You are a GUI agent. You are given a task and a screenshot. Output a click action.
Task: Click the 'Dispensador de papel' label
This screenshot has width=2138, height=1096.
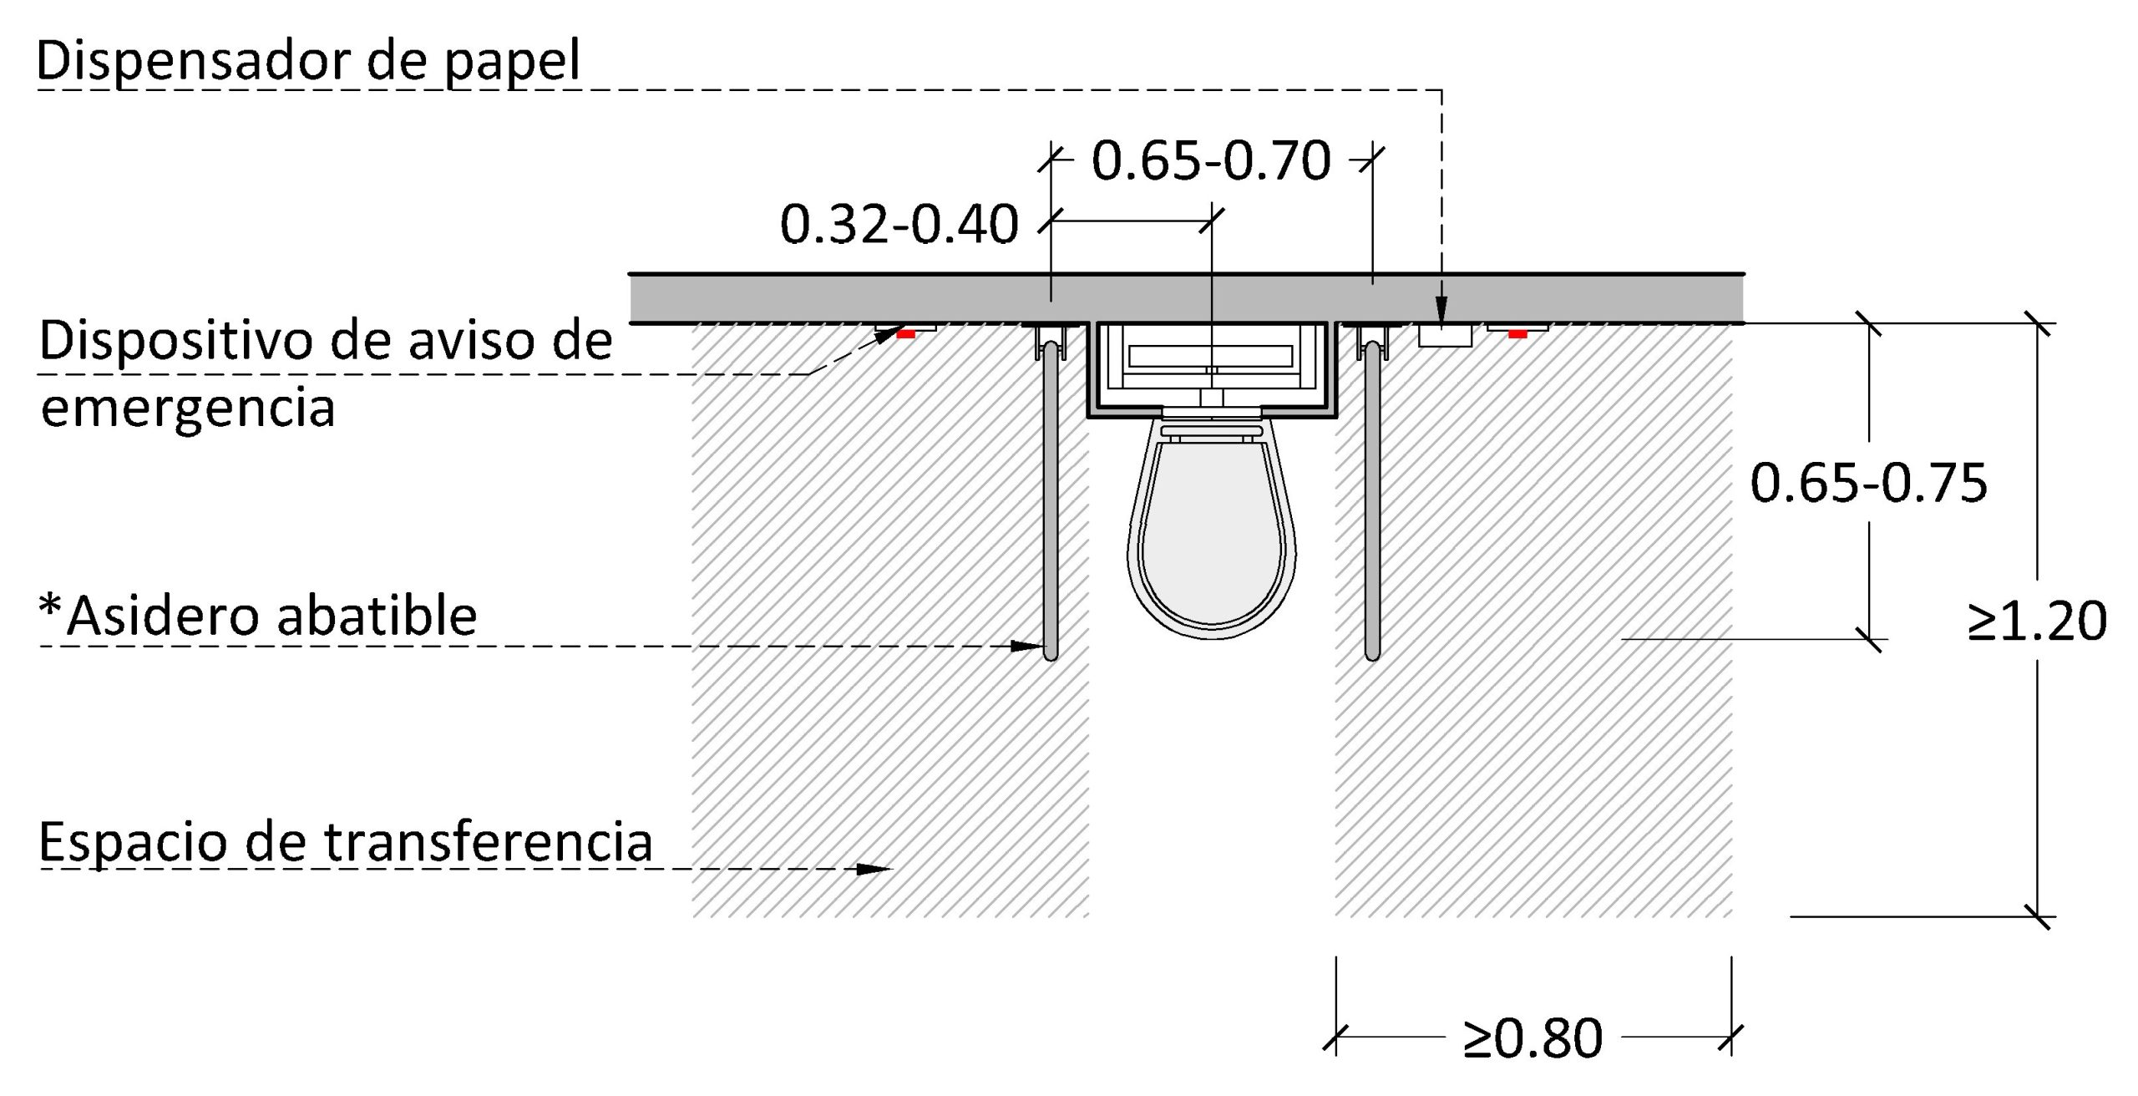coord(308,61)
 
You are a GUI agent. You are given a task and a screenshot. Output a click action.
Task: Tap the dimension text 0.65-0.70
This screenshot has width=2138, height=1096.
coord(1211,160)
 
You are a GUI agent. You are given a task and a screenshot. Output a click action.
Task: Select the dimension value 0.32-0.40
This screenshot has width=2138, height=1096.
coord(899,224)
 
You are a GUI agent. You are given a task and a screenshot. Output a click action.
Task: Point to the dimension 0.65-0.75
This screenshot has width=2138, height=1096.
coord(1869,483)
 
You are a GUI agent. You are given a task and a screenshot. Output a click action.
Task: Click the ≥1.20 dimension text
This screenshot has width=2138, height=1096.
coord(2037,621)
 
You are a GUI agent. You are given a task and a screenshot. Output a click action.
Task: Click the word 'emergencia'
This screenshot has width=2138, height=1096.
coord(188,408)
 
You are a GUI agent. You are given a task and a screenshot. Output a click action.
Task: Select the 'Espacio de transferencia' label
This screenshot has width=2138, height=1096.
coord(346,841)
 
